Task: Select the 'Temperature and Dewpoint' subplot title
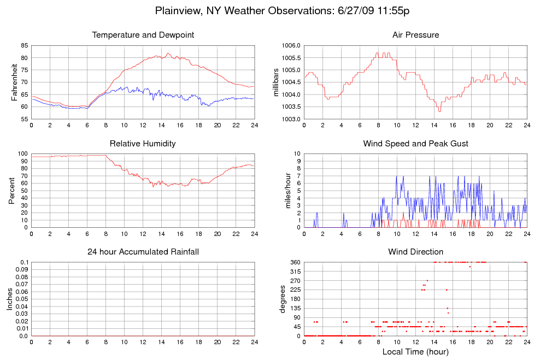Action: tap(143, 36)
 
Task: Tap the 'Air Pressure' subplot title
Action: tap(415, 36)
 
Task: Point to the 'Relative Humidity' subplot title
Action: tap(143, 144)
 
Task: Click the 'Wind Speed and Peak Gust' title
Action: tap(415, 144)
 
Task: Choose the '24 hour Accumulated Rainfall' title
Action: tap(143, 252)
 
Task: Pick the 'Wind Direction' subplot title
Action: tap(415, 252)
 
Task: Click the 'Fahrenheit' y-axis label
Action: tap(14, 82)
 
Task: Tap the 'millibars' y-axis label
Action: tap(276, 82)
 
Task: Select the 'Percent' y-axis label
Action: tap(11, 191)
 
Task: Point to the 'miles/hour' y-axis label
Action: tap(288, 191)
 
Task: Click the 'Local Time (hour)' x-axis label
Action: tap(415, 352)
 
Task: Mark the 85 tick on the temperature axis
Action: tap(25, 45)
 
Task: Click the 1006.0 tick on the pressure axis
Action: tap(290, 45)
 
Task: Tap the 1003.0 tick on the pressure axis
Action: tap(290, 119)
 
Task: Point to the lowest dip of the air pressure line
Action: tap(439, 111)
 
